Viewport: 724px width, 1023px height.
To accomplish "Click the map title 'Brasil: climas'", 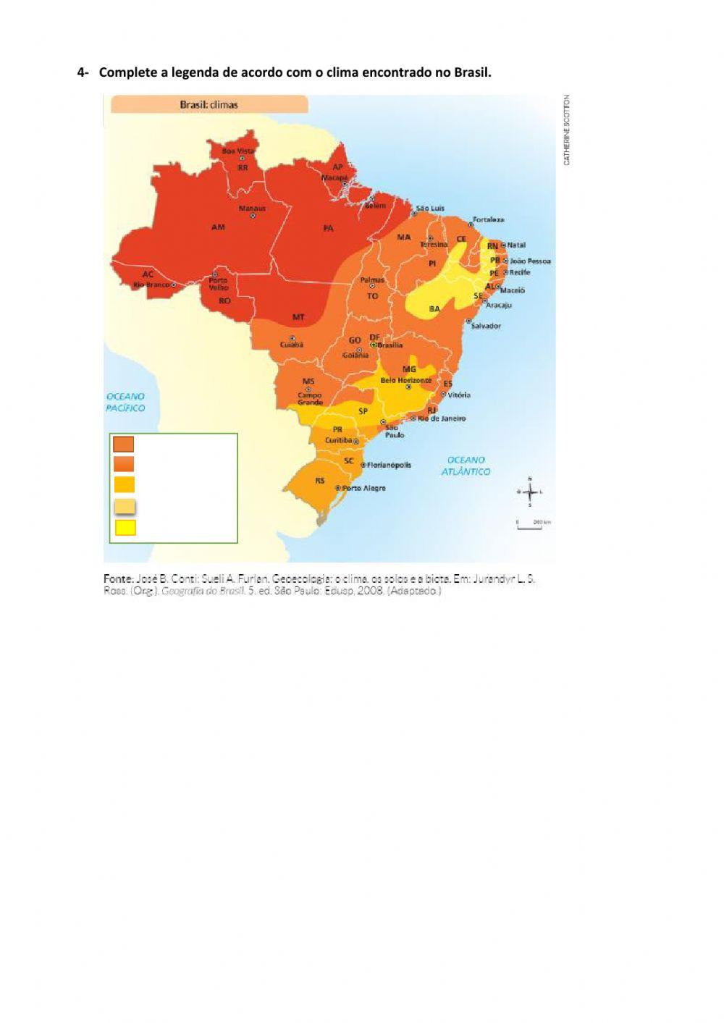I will (209, 104).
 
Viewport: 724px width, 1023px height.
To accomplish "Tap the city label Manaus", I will (252, 209).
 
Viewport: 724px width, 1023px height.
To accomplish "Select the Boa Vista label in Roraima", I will (238, 151).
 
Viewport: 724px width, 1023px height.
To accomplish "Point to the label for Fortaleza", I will (489, 219).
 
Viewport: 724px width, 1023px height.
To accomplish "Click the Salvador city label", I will (486, 326).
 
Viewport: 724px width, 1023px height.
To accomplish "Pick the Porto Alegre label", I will (363, 488).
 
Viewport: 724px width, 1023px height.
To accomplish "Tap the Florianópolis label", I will (389, 465).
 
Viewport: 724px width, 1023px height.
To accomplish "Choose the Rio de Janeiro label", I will (442, 418).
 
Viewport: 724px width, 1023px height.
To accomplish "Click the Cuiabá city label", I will (292, 345).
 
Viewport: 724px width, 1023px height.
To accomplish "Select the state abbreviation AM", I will (218, 227).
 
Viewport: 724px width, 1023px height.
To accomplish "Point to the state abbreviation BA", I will (434, 309).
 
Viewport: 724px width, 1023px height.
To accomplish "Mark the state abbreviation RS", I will (320, 481).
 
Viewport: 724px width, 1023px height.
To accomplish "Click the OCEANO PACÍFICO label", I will (125, 403).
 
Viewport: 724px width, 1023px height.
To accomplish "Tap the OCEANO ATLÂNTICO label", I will (466, 466).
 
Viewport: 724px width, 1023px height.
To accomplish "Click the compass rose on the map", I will (530, 492).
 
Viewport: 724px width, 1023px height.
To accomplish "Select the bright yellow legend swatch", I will (125, 527).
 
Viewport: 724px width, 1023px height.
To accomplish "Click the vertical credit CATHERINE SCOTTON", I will (567, 130).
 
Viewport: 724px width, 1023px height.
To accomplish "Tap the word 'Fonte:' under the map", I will (118, 578).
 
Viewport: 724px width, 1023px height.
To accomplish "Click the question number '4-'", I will (83, 72).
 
